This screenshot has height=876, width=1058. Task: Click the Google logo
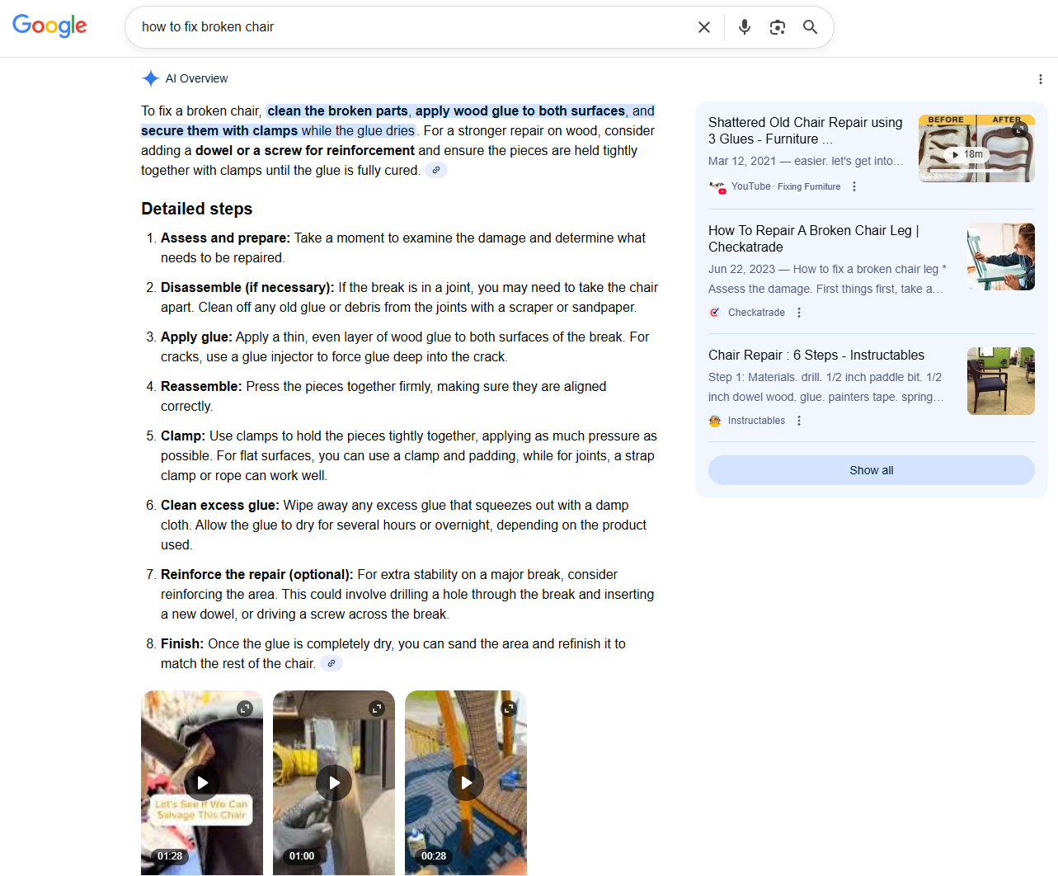(x=49, y=26)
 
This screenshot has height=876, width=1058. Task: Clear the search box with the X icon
(x=704, y=27)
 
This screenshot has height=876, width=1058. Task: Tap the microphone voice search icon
(x=745, y=27)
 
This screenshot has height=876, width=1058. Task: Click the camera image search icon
(x=778, y=27)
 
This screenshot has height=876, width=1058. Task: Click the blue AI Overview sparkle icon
(x=150, y=78)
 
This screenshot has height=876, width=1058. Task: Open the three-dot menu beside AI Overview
(x=1041, y=79)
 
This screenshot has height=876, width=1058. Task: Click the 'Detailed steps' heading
(x=196, y=209)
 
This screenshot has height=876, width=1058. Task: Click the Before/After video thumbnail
(x=976, y=148)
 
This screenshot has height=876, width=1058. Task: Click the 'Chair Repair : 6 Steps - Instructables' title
(x=816, y=355)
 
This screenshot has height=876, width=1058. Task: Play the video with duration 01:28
(x=202, y=783)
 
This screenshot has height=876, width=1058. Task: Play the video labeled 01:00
(x=334, y=783)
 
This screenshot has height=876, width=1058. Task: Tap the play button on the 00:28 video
(x=466, y=783)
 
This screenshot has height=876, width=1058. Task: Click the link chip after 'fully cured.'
(x=436, y=170)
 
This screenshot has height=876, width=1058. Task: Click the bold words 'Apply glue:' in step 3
(x=196, y=337)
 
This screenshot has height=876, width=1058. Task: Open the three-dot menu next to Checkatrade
(x=799, y=313)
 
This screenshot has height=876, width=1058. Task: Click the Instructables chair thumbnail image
(x=1000, y=381)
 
